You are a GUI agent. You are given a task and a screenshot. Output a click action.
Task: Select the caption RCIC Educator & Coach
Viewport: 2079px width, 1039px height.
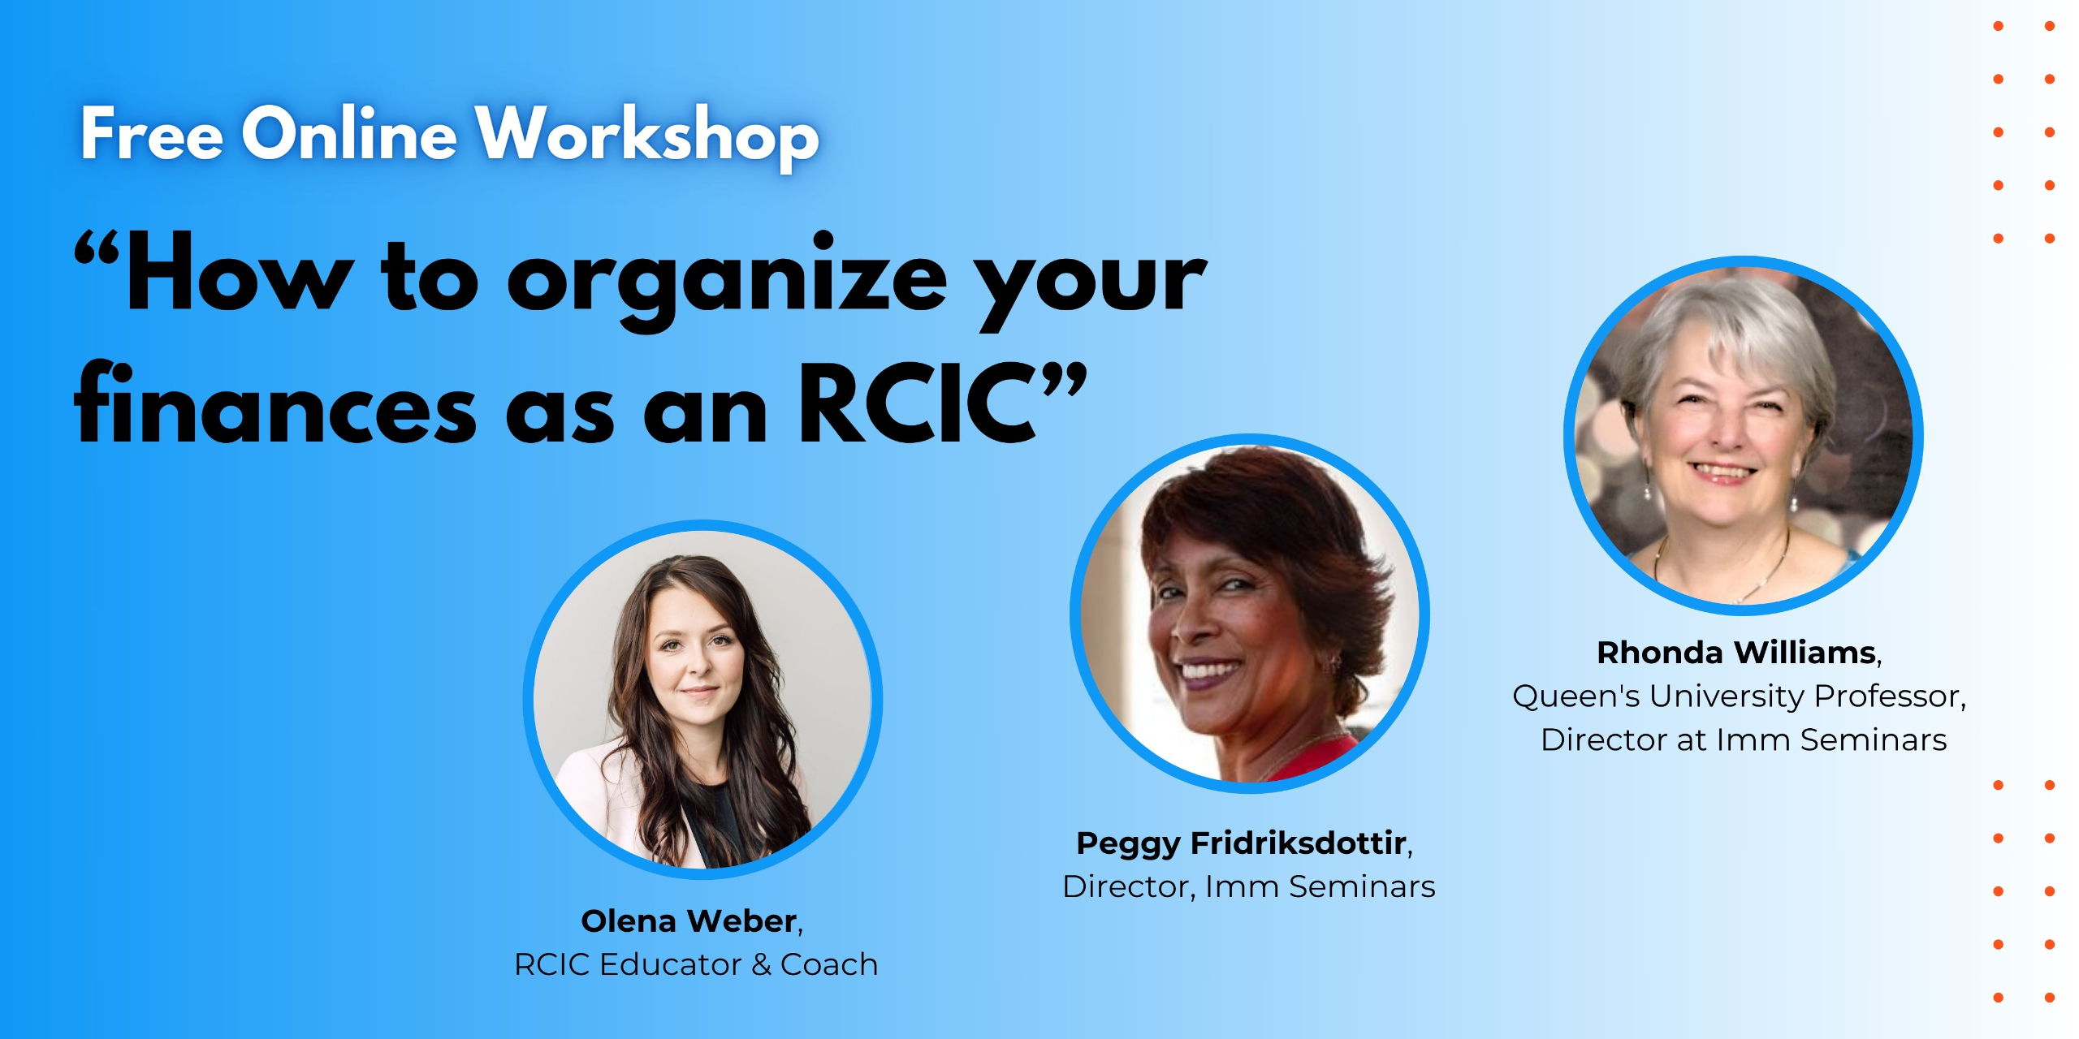pyautogui.click(x=696, y=964)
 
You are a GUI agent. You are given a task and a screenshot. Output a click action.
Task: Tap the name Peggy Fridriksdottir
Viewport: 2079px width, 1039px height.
pyautogui.click(x=1242, y=844)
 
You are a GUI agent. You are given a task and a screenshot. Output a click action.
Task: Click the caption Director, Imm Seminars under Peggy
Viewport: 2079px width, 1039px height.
pyautogui.click(x=1249, y=886)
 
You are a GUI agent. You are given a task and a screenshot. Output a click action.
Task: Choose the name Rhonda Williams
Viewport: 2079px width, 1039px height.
pyautogui.click(x=1736, y=653)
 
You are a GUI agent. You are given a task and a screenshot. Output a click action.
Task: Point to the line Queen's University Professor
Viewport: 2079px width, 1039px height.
pyautogui.click(x=1739, y=696)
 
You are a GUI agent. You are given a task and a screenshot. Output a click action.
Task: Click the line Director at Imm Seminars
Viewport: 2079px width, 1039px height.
pyautogui.click(x=1744, y=739)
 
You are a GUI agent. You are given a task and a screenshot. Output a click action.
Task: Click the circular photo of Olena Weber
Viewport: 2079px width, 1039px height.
pyautogui.click(x=702, y=700)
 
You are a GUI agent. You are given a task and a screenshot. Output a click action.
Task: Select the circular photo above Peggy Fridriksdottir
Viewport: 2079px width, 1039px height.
pyautogui.click(x=1250, y=614)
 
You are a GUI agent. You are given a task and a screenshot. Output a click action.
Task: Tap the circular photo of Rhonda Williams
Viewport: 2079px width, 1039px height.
pyautogui.click(x=1744, y=436)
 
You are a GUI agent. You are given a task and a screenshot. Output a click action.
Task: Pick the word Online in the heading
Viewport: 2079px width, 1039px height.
pyautogui.click(x=349, y=133)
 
